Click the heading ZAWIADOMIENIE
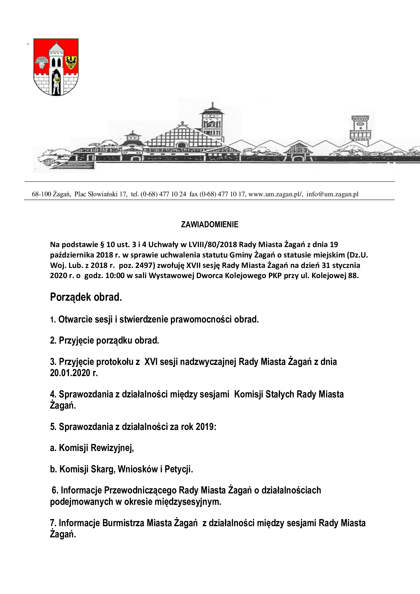[209, 224]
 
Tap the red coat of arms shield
[56, 67]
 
